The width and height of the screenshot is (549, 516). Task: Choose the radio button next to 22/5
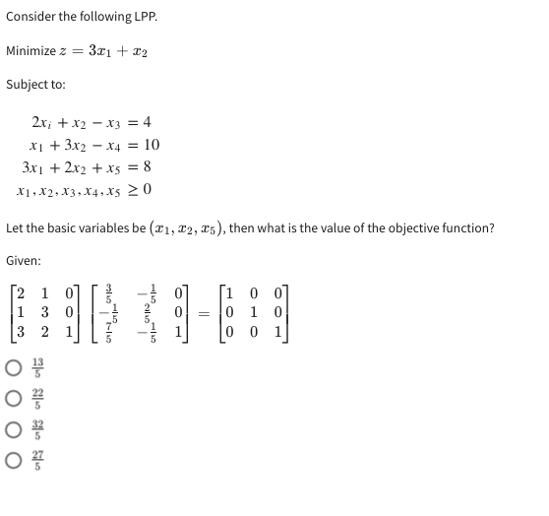click(x=13, y=401)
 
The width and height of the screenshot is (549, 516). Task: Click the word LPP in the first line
click(x=142, y=17)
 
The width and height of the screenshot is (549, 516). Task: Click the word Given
click(x=26, y=261)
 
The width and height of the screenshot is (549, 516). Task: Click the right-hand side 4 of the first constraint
click(x=147, y=122)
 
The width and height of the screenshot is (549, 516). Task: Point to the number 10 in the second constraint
click(x=151, y=145)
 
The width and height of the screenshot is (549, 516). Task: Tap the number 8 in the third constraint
click(x=147, y=166)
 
